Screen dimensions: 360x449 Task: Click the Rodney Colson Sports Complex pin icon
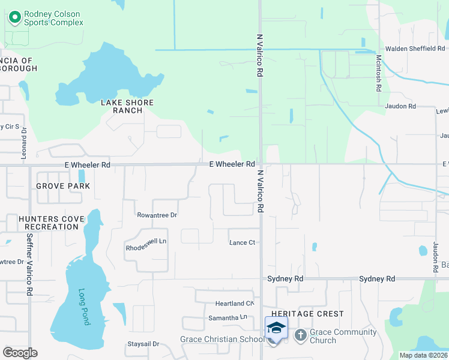pyautogui.click(x=13, y=18)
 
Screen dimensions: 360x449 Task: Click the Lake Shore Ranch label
pyautogui.click(x=127, y=106)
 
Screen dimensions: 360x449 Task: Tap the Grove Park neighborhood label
pyautogui.click(x=63, y=186)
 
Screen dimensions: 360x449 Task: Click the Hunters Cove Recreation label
pyautogui.click(x=49, y=223)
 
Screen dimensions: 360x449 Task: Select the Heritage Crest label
pyautogui.click(x=307, y=314)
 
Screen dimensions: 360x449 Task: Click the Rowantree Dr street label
pyautogui.click(x=157, y=215)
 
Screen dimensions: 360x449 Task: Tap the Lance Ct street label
pyautogui.click(x=243, y=242)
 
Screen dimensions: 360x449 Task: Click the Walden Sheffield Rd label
pyautogui.click(x=415, y=49)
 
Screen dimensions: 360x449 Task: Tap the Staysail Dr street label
pyautogui.click(x=142, y=344)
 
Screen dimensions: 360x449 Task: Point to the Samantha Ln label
pyautogui.click(x=228, y=317)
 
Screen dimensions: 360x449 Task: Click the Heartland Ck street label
pyautogui.click(x=234, y=304)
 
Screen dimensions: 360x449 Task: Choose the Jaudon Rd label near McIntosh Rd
pyautogui.click(x=400, y=106)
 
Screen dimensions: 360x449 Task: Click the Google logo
pyautogui.click(x=20, y=353)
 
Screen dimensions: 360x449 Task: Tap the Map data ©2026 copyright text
pyautogui.click(x=423, y=355)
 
